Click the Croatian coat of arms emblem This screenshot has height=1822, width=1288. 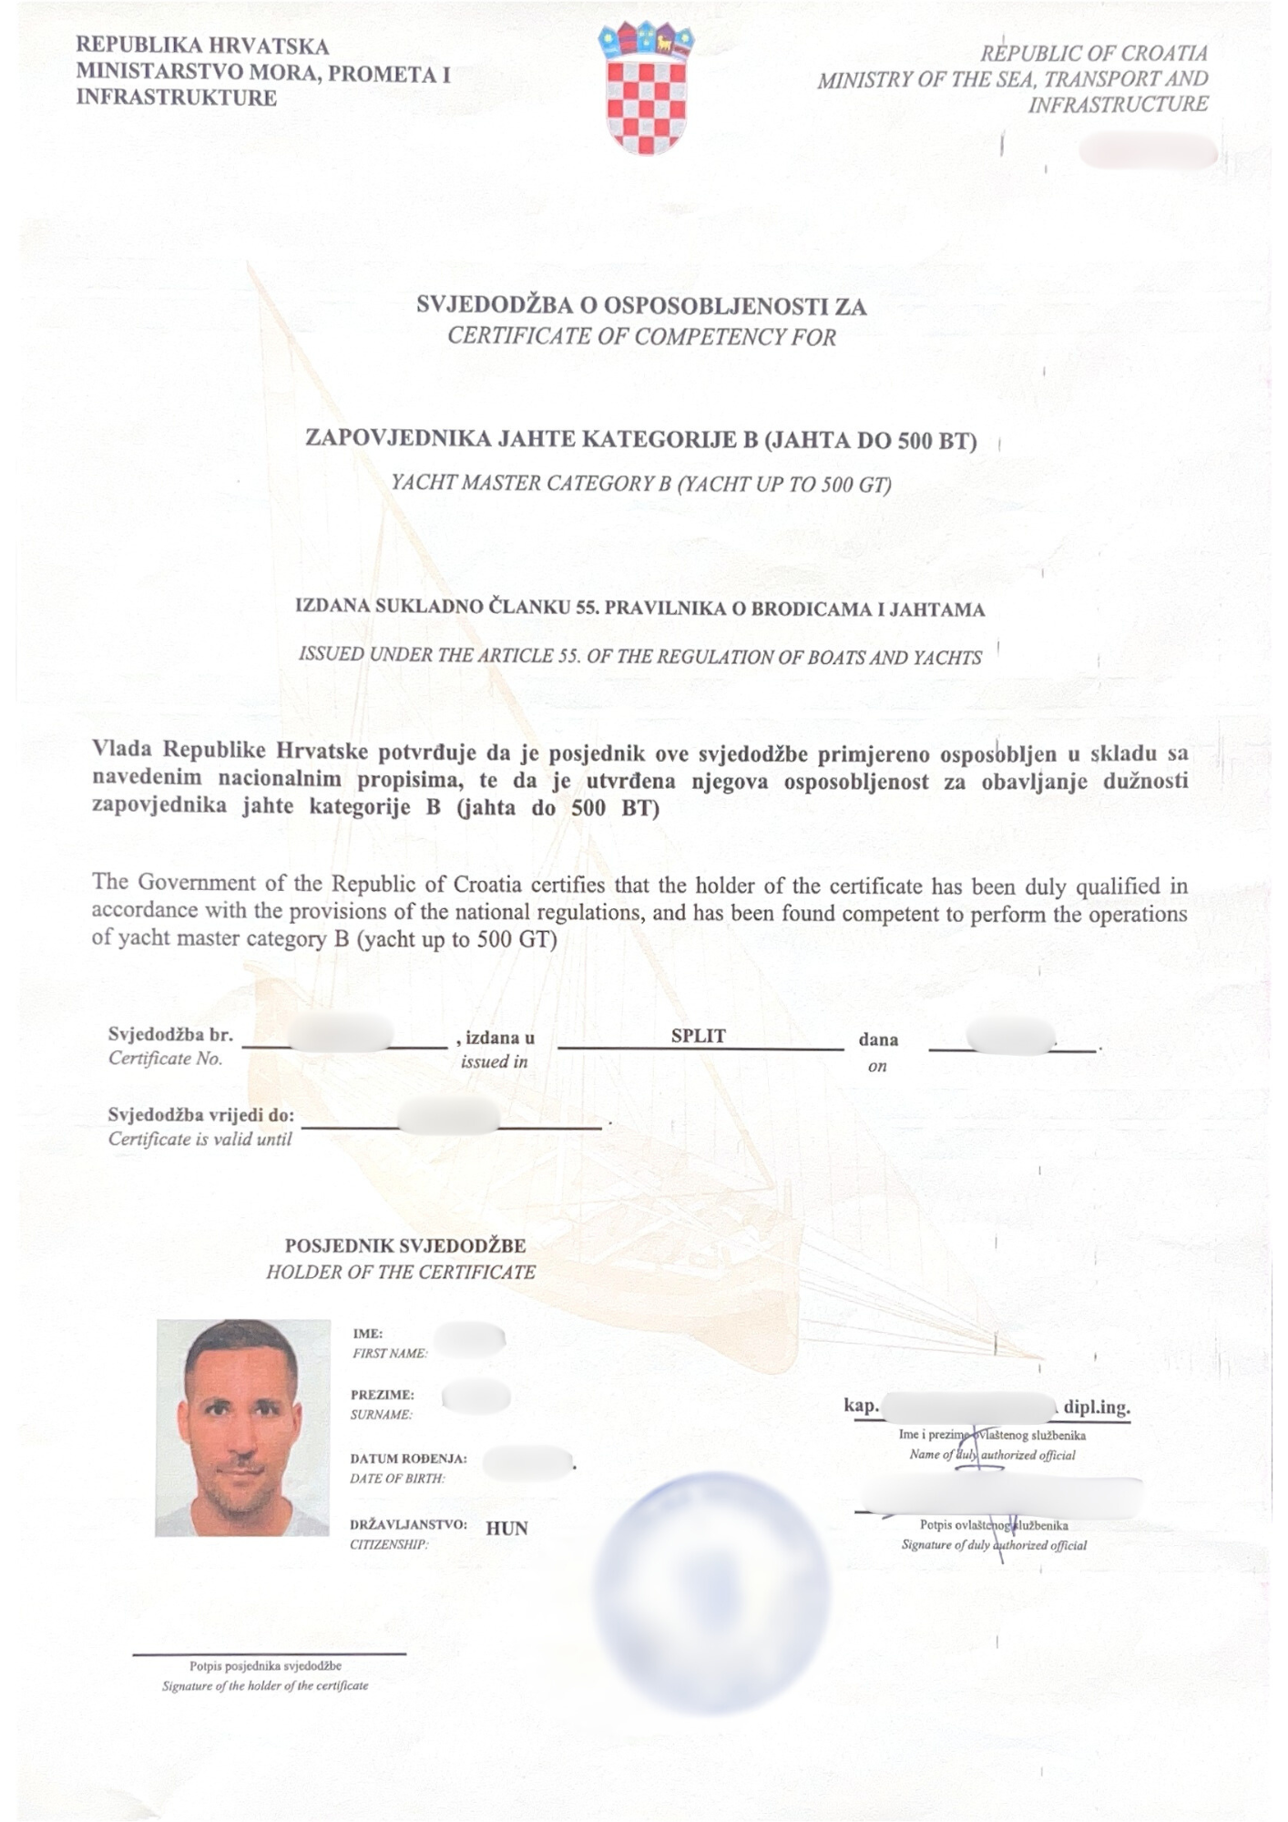(x=646, y=88)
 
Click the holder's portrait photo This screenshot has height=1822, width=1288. (x=242, y=1428)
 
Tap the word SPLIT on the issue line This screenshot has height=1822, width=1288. (x=698, y=1036)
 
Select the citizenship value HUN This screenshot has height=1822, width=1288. (x=506, y=1528)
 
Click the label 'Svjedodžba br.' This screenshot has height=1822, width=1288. (x=170, y=1034)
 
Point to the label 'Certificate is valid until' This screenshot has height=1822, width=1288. (x=199, y=1139)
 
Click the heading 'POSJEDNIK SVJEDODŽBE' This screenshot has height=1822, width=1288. (x=405, y=1245)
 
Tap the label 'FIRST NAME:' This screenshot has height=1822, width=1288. (x=390, y=1354)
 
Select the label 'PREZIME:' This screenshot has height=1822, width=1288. (x=383, y=1395)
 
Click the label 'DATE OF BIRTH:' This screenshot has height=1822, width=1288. (x=397, y=1479)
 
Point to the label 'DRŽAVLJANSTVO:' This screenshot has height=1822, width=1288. (x=408, y=1524)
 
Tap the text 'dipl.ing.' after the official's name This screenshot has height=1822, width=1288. (x=1097, y=1407)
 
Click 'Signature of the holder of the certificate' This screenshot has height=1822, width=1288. (x=265, y=1686)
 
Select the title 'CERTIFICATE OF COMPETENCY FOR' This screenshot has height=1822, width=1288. (x=641, y=337)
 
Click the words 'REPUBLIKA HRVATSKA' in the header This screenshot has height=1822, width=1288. (x=202, y=46)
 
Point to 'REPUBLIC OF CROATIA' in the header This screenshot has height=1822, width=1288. (x=1093, y=54)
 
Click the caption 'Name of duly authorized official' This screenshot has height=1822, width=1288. (x=992, y=1455)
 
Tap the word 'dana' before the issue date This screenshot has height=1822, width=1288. (x=878, y=1039)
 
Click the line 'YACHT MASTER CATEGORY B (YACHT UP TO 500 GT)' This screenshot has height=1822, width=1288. (x=641, y=483)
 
